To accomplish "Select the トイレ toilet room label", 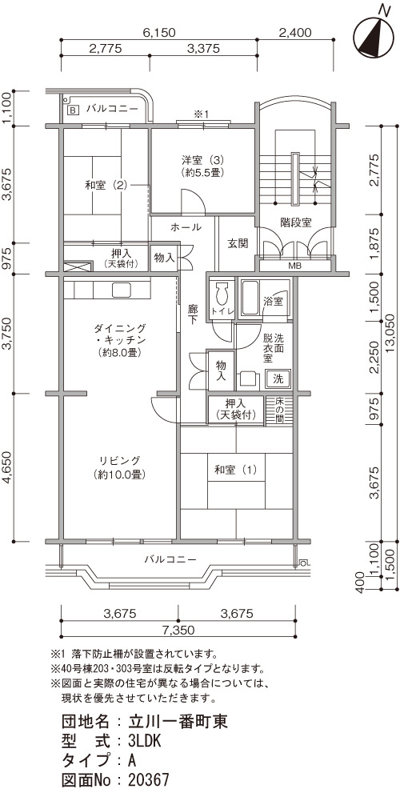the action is click(222, 311).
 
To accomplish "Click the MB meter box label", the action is click(295, 265).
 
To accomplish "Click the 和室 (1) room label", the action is click(236, 471).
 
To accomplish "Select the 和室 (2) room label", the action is click(105, 185).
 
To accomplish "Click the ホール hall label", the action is click(186, 227).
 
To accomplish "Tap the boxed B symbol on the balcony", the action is click(73, 109).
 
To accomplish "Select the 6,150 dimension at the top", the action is click(159, 34).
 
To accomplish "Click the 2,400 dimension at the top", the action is click(294, 34).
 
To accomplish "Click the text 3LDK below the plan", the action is click(144, 741).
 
